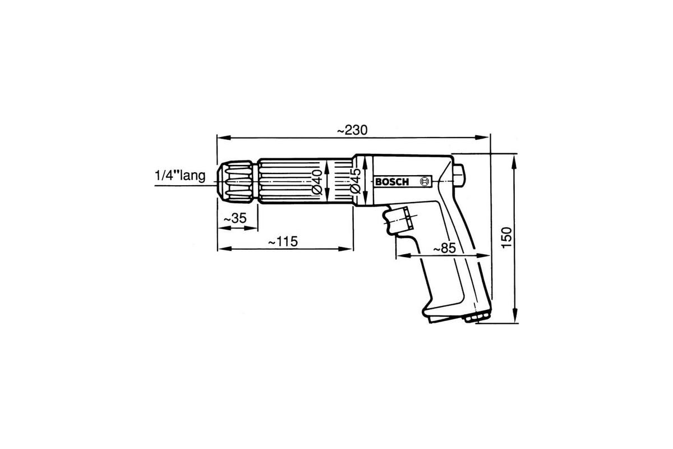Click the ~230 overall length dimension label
(352, 130)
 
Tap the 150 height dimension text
(506, 237)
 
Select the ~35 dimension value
(235, 218)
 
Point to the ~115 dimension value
(283, 241)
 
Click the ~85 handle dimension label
(445, 249)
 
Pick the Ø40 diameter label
(317, 182)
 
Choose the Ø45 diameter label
(356, 181)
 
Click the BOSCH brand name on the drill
(392, 182)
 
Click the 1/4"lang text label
(180, 176)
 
